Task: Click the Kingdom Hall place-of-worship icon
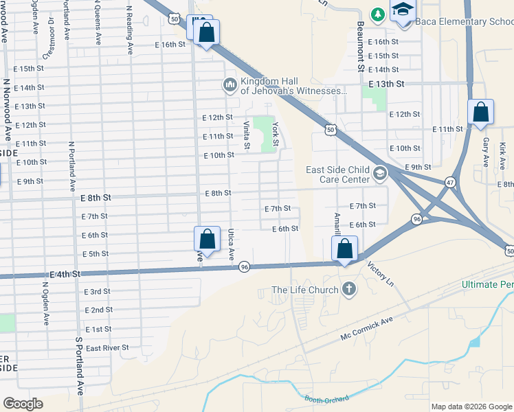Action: click(230, 86)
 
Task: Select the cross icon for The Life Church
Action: click(349, 289)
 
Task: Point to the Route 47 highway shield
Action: click(450, 182)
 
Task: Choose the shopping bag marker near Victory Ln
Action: click(346, 249)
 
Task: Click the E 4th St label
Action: click(65, 273)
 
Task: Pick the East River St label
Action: click(107, 348)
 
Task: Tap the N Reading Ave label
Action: click(129, 30)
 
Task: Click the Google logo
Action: click(23, 404)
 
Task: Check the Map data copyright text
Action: click(471, 407)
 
